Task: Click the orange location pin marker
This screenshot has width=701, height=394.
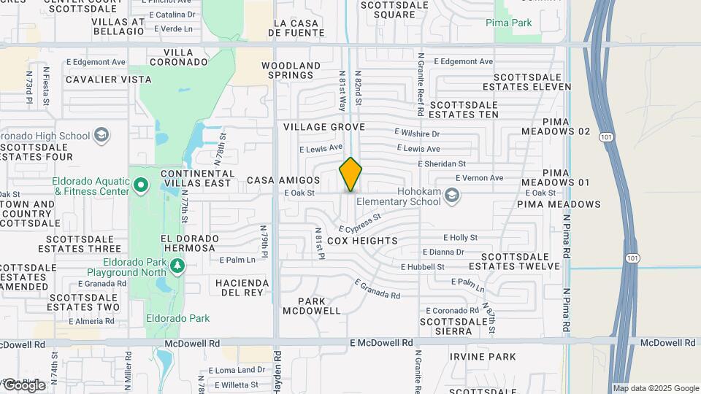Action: (x=350, y=174)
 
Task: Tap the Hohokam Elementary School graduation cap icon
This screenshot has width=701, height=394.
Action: (x=453, y=194)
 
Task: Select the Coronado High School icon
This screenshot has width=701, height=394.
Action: (x=101, y=135)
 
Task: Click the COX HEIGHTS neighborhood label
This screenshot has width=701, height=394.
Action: (x=362, y=240)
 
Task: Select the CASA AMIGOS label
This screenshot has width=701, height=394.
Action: (x=283, y=179)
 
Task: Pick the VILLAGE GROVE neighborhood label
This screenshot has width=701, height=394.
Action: (x=318, y=127)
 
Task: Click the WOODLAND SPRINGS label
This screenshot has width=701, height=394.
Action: (x=291, y=71)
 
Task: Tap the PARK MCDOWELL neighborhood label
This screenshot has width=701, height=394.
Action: (x=319, y=306)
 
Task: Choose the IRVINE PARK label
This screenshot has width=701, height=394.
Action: (x=482, y=357)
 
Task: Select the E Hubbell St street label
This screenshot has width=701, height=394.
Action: (x=422, y=267)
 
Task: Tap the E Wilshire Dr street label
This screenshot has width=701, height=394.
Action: (x=417, y=134)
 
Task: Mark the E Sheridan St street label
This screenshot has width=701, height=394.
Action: (x=441, y=164)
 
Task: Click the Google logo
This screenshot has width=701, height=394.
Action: (x=23, y=385)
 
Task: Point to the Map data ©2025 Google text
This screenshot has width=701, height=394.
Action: (x=656, y=388)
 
